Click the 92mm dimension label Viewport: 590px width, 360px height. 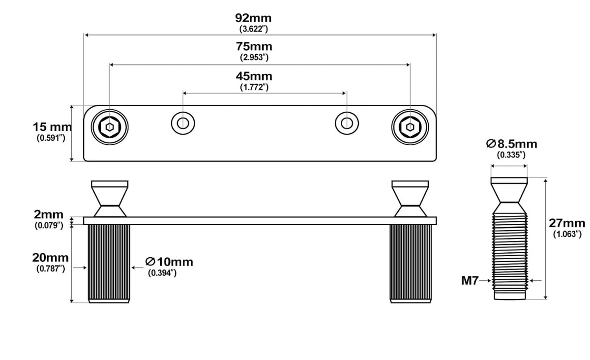click(253, 18)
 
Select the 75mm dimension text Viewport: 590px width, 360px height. click(254, 46)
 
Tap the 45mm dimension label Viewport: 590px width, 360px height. click(254, 76)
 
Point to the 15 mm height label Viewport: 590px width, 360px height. click(52, 127)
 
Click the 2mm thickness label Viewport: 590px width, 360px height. click(49, 214)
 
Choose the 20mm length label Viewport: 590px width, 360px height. click(50, 258)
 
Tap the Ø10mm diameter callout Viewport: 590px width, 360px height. click(169, 262)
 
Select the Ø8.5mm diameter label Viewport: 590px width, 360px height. click(511, 144)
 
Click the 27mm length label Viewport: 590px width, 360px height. click(567, 223)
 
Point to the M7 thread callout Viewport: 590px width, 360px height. click(470, 281)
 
